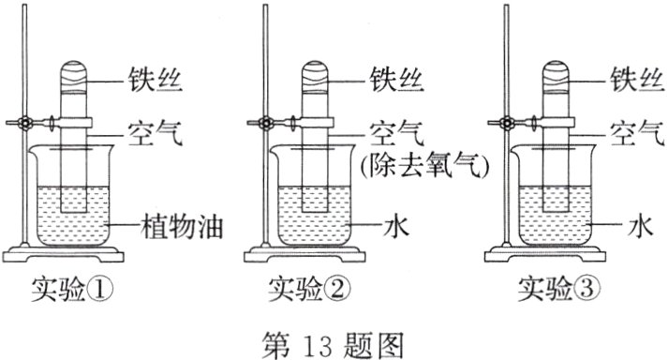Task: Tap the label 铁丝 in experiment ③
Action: tap(634, 77)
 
